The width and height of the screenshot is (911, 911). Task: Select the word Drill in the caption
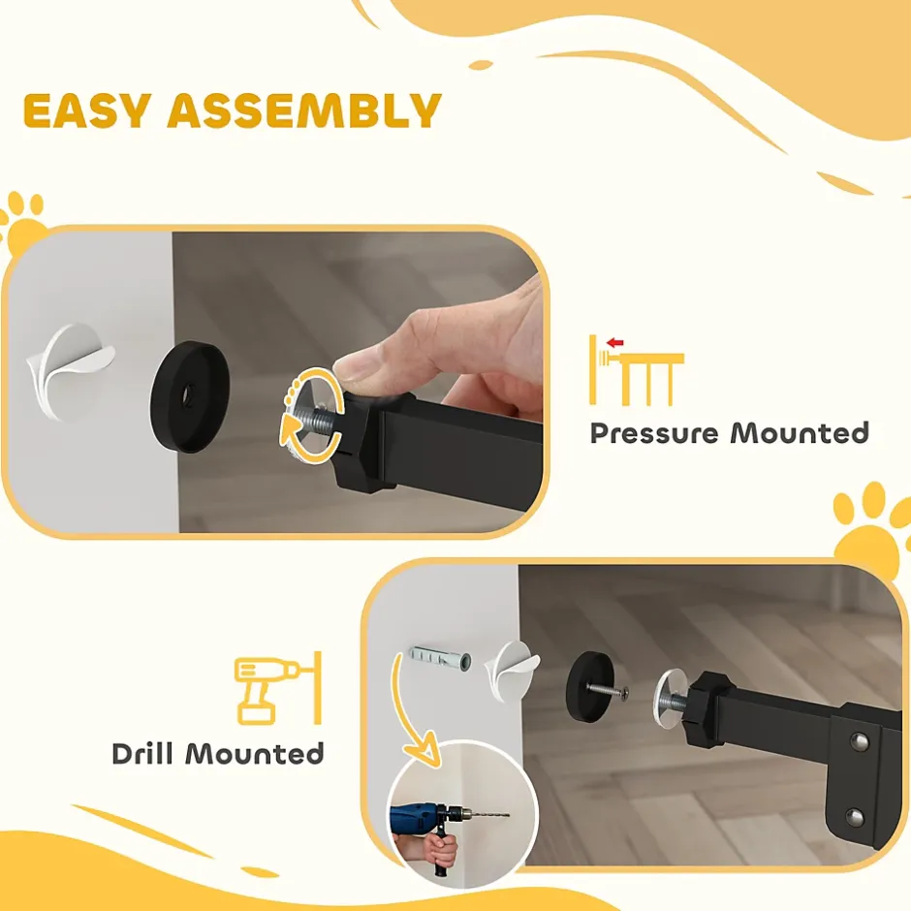[142, 754]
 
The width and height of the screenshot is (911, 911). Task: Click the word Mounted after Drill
[255, 754]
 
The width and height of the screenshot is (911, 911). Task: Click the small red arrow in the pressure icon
[614, 343]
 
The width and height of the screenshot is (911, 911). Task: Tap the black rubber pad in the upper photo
[189, 396]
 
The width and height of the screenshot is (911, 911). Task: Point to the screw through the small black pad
[608, 690]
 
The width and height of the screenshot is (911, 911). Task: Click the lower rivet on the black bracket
[856, 816]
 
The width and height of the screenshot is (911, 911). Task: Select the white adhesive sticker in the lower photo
[511, 668]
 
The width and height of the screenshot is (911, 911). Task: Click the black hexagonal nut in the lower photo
[705, 711]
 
